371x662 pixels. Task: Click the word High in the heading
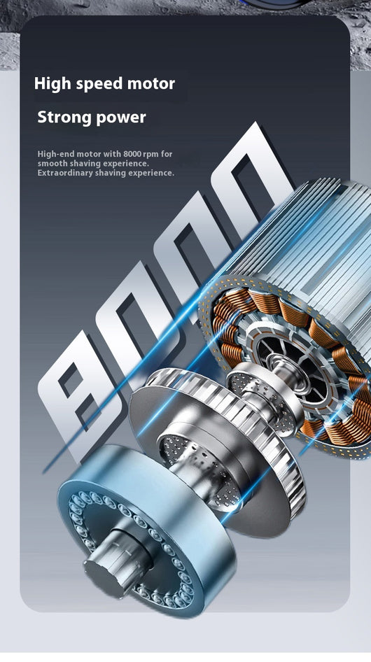(x=52, y=83)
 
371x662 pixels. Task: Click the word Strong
(x=65, y=118)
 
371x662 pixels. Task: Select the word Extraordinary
(x=64, y=173)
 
